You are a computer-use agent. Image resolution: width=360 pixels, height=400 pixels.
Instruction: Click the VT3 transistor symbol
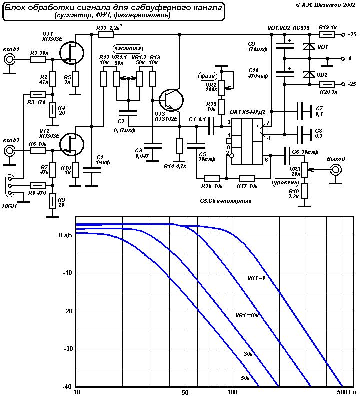pos(171,100)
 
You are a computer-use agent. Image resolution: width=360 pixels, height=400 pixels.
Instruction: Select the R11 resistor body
pos(106,34)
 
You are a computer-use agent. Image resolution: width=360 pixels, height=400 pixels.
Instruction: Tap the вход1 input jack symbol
pos(9,60)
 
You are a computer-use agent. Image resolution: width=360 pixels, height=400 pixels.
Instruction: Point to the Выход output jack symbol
pos(336,169)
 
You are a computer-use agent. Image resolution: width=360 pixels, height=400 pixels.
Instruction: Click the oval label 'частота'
pos(128,49)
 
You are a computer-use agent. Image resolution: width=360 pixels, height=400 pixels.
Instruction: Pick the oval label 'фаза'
pos(207,76)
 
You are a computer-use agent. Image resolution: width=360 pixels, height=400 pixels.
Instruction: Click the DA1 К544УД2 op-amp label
pos(247,112)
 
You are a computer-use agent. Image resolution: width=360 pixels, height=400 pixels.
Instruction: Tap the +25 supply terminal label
pos(352,34)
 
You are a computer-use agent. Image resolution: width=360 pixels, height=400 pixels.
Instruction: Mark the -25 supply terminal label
pos(352,84)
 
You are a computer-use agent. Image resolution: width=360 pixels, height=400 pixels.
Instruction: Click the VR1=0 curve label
pos(256,278)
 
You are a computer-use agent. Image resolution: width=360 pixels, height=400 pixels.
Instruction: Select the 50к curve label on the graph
pos(245,378)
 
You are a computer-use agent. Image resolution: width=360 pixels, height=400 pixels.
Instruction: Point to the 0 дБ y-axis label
pos(65,235)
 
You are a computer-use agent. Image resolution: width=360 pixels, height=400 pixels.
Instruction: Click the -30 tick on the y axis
pos(68,349)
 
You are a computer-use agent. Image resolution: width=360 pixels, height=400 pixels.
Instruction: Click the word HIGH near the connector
pos(9,206)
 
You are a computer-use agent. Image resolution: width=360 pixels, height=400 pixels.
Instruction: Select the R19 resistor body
pos(327,34)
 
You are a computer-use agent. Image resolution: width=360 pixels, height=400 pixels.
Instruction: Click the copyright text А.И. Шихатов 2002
pos(326,5)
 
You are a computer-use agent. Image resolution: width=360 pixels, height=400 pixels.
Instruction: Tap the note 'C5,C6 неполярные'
pos(226,201)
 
